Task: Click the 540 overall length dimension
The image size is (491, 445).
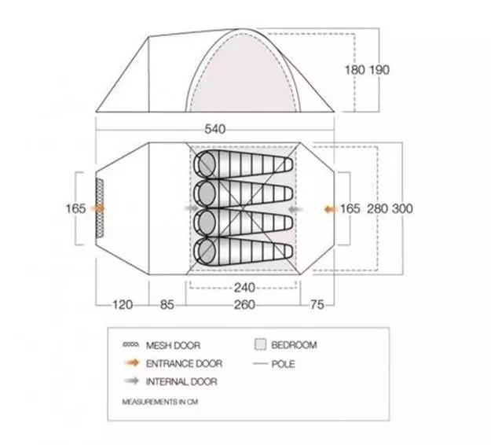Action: pos(214,129)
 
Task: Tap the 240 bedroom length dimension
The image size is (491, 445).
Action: pos(244,288)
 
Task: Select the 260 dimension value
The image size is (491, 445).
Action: pos(244,304)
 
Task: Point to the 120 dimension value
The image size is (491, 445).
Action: pos(123,304)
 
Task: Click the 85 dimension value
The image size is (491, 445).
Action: pos(167,304)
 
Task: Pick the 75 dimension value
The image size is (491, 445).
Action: pos(317,304)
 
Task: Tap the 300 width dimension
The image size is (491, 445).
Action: pos(402,208)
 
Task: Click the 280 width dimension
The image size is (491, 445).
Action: pos(377,208)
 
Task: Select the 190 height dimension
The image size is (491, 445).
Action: pos(379,70)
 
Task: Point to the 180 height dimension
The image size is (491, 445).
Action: pos(355,70)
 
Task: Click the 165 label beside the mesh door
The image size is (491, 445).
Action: pos(75,208)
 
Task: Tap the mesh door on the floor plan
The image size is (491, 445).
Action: pos(100,208)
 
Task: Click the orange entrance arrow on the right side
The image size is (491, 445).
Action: pos(331,209)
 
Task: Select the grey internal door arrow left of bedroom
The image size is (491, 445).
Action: pos(192,208)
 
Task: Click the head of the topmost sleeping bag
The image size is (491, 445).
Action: pos(205,164)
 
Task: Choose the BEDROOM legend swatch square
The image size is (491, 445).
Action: pos(260,344)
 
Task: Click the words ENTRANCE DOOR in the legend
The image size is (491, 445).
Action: pos(184,363)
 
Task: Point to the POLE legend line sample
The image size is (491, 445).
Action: pos(261,364)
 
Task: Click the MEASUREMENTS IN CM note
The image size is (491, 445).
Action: pos(160,402)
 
